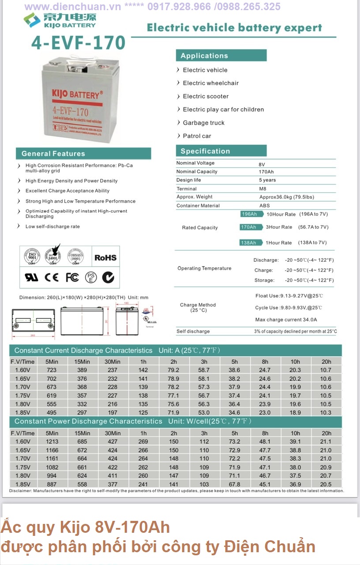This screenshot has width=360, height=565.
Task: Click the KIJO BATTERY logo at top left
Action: pos(60,20)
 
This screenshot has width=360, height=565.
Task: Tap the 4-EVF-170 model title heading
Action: pos(79,43)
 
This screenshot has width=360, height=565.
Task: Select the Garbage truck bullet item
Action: pos(203,123)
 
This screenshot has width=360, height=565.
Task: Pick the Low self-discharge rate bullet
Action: pos(52,226)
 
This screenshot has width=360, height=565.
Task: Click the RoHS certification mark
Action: pos(105,258)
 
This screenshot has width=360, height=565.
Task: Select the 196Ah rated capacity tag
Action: pos(249,214)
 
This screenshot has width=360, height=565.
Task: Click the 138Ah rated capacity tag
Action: pos(248,243)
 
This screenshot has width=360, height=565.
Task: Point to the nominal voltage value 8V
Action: pos(262,164)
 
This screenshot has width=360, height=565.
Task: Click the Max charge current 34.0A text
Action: pos(286,320)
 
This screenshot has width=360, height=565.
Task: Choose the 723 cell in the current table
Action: pos(52,370)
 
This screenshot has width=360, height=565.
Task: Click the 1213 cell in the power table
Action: pos(52,441)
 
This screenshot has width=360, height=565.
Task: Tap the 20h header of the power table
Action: pos(326,433)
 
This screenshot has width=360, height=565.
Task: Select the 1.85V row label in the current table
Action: pos(22,412)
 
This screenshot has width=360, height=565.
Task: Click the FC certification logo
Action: pos(72,277)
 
